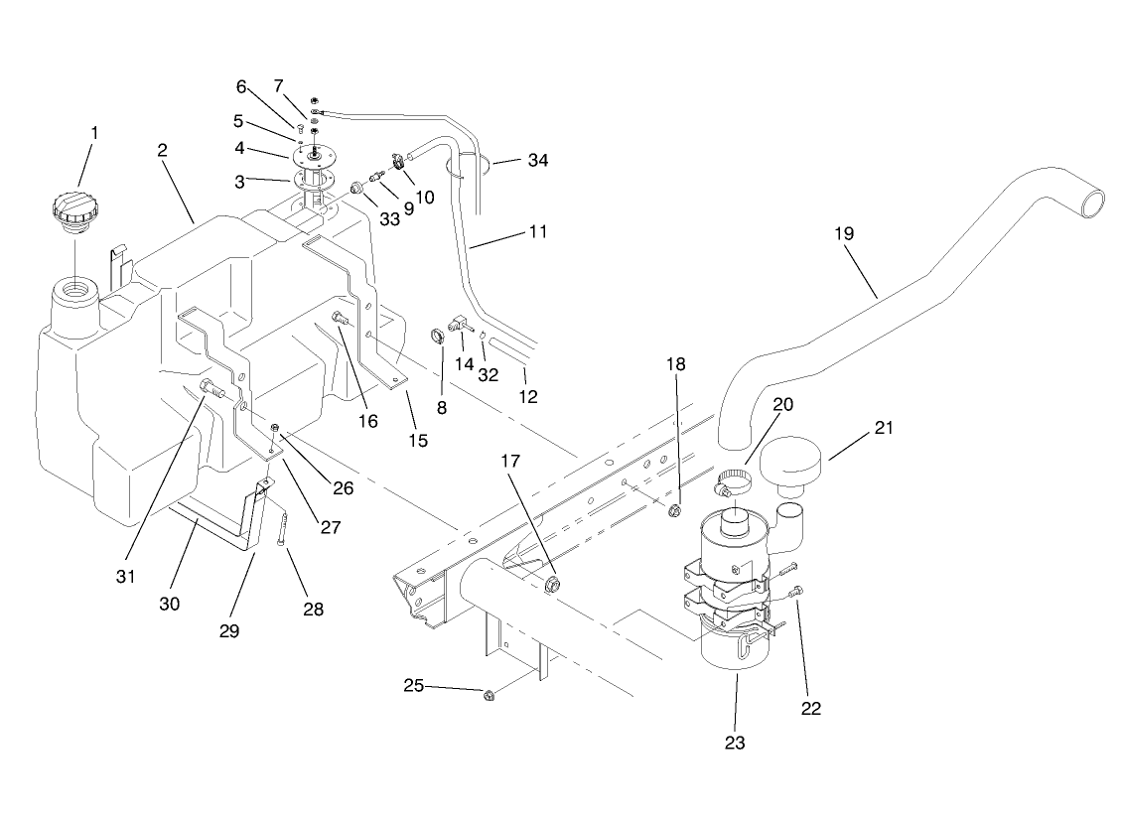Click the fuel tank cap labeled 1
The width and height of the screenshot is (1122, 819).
click(x=75, y=210)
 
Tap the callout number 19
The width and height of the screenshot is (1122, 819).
click(x=844, y=233)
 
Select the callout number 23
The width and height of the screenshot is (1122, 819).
click(x=735, y=741)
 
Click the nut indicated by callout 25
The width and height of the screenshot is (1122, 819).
click(x=489, y=697)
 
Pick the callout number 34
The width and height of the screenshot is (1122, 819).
click(x=537, y=160)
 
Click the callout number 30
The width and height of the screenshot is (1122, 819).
click(x=169, y=603)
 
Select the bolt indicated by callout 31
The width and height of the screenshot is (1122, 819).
click(x=213, y=387)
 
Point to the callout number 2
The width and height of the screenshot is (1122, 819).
click(x=161, y=151)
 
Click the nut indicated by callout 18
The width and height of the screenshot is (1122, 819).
click(x=673, y=510)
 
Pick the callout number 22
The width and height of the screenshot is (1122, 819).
click(x=813, y=708)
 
